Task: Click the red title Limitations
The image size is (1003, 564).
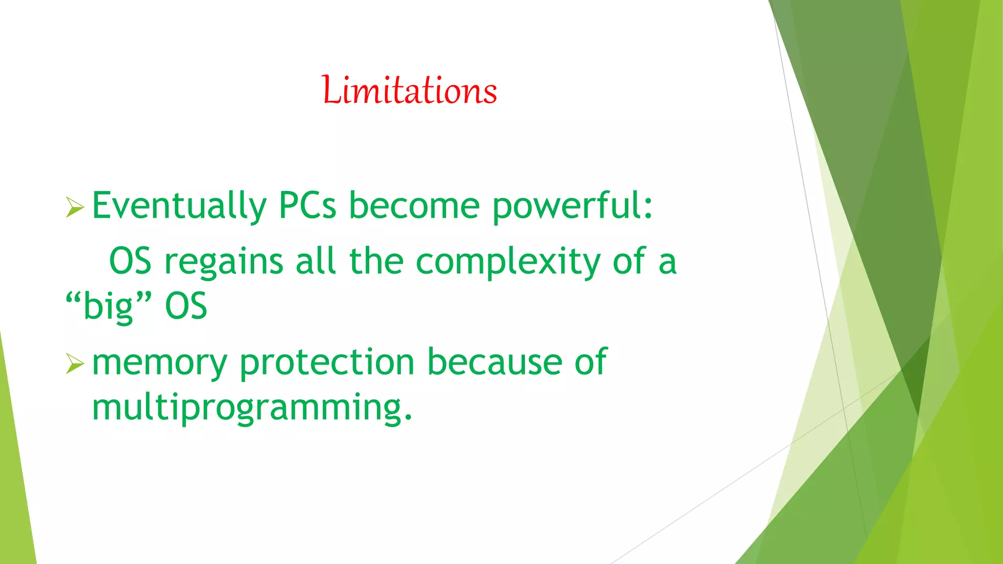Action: point(409,90)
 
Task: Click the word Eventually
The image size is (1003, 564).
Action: point(179,206)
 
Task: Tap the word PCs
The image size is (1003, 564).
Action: point(307,206)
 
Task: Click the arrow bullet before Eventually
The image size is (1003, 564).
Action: point(75,208)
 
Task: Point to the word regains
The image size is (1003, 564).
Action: point(223,262)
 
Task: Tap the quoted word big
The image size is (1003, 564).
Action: point(108,306)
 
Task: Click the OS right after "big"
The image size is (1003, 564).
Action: point(186,306)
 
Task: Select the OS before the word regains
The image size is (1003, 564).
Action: point(130,261)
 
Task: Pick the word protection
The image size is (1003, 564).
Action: point(327,362)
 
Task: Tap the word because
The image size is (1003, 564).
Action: point(494,362)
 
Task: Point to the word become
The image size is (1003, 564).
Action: point(414,206)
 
